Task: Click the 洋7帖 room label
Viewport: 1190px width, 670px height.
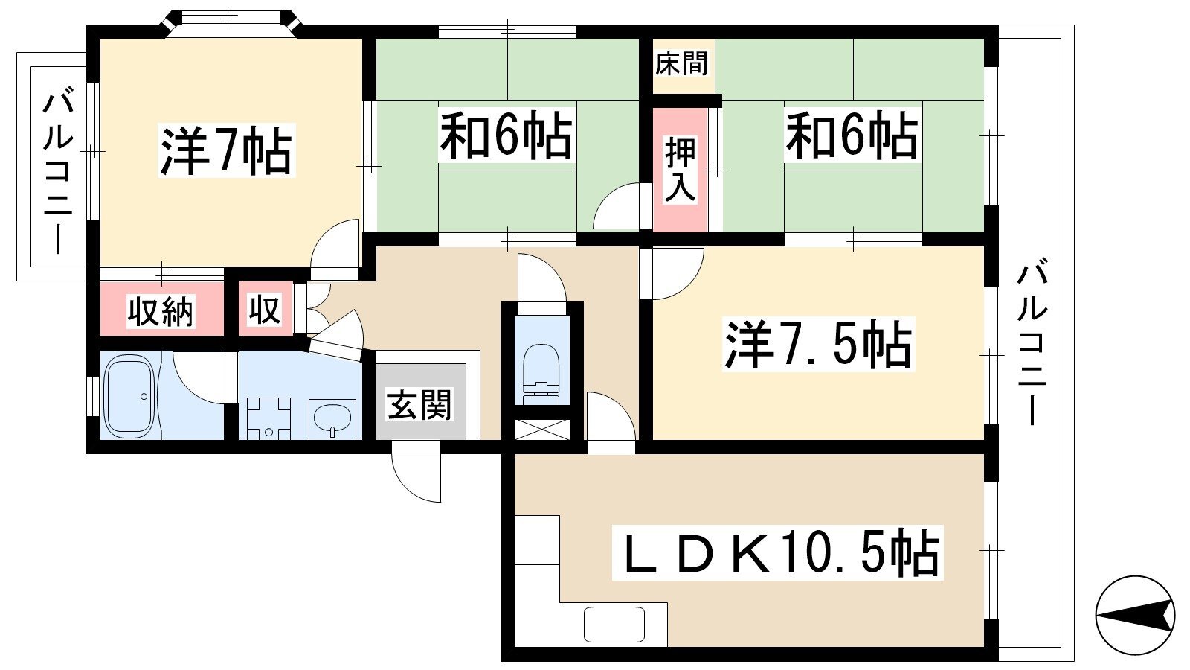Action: [x=226, y=150]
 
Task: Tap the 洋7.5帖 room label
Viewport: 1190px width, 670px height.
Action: [x=819, y=344]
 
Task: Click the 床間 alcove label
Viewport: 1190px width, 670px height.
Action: [x=681, y=63]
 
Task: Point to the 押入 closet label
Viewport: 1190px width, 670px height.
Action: [x=680, y=170]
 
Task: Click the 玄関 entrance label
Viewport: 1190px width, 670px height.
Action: [x=419, y=405]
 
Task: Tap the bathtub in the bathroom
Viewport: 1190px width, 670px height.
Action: [x=130, y=395]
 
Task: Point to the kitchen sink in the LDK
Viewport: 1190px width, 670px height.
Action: [x=614, y=625]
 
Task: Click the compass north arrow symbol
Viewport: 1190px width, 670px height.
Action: [x=1135, y=615]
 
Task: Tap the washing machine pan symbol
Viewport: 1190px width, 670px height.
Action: [x=268, y=418]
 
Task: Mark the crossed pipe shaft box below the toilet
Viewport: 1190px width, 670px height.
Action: [x=542, y=430]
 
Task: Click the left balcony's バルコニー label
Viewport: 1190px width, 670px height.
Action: [x=58, y=173]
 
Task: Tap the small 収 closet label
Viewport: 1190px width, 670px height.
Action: [x=265, y=309]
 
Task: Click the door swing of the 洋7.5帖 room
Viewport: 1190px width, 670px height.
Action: [x=672, y=273]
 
